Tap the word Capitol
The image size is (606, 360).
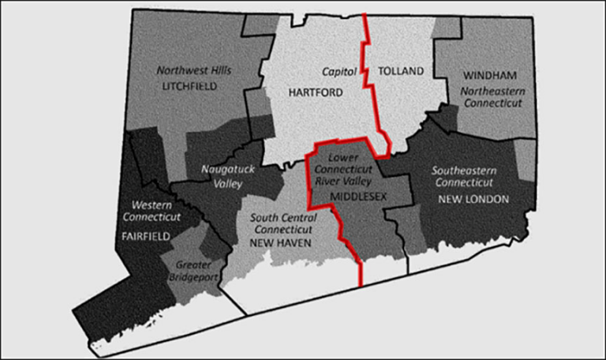pyautogui.click(x=340, y=71)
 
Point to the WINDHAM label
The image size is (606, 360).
pyautogui.click(x=491, y=76)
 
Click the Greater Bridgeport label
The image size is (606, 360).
pyautogui.click(x=193, y=271)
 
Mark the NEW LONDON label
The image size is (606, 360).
pyautogui.click(x=473, y=199)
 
